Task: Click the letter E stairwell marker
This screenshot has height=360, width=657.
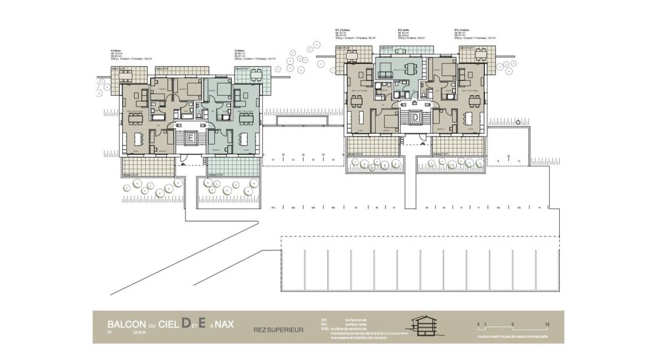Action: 190,139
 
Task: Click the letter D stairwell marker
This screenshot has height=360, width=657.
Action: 415,118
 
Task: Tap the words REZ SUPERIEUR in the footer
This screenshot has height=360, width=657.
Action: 279,329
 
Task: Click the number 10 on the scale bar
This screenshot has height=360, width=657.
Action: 547,324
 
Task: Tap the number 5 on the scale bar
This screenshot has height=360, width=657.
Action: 512,324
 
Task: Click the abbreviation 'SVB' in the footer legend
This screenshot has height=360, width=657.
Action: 325,329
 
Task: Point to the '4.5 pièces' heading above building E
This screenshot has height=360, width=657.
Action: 116,51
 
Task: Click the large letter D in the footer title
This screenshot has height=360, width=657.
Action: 187,323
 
